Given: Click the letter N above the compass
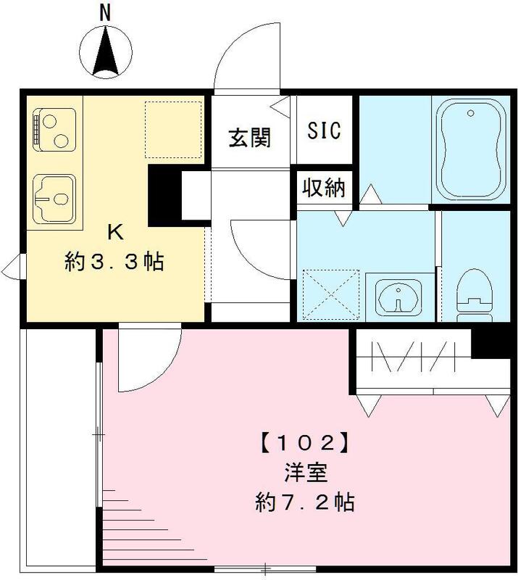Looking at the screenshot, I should pyautogui.click(x=106, y=12).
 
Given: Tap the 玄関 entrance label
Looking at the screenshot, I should pyautogui.click(x=250, y=137).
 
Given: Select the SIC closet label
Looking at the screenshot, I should pyautogui.click(x=323, y=131).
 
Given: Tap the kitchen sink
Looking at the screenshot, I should pyautogui.click(x=55, y=197).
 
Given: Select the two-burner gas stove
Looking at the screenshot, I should pyautogui.click(x=54, y=130).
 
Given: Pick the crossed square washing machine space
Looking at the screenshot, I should pyautogui.click(x=330, y=294).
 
